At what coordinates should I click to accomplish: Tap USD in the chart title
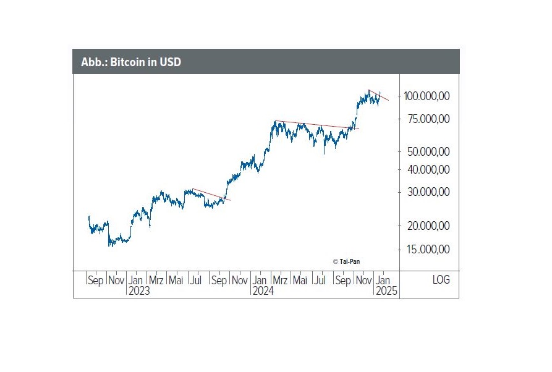coord(170,62)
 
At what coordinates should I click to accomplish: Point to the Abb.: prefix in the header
coord(94,62)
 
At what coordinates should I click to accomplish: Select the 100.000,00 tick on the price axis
coord(427,96)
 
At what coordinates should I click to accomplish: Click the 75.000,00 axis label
coord(428,119)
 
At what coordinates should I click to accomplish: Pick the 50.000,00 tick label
coord(428,151)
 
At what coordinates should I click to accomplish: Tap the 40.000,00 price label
coord(428,169)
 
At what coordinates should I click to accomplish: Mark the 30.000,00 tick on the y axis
coord(428,192)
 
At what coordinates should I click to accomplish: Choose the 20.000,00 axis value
coord(428,226)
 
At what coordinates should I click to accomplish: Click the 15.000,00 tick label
coord(428,249)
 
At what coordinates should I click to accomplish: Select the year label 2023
coord(139,291)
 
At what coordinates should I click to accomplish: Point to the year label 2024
coord(263,291)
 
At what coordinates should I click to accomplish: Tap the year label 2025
coord(387,291)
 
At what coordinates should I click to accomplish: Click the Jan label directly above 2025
coord(383,281)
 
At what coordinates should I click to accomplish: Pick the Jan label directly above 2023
coord(136,281)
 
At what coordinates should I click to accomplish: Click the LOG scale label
coord(441,280)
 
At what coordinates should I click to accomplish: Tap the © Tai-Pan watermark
coord(346,261)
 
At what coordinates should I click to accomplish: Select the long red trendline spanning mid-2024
coord(316,125)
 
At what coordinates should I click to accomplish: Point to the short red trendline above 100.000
coord(379,95)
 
